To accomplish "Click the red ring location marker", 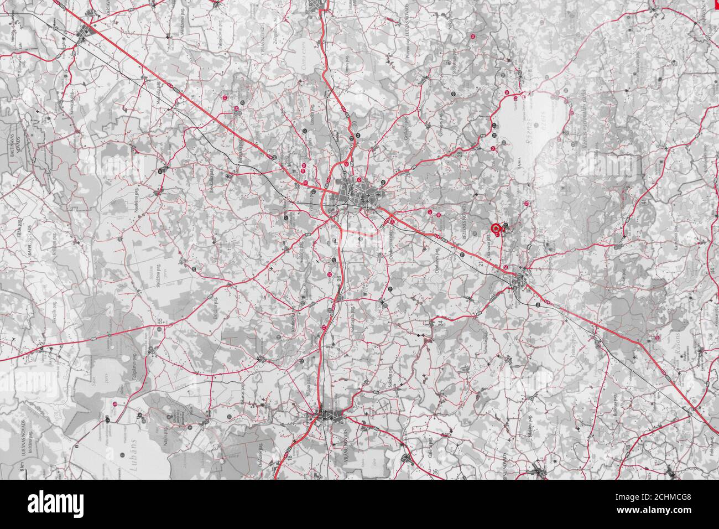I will click(x=496, y=227).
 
